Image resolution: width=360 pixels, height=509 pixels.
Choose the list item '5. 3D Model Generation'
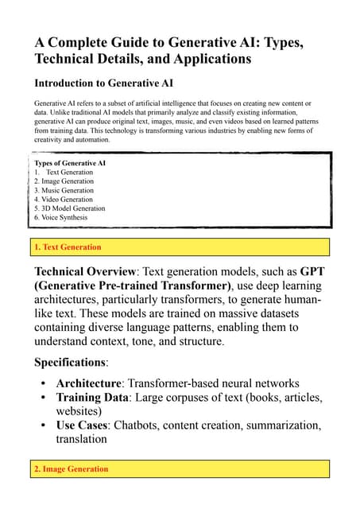click(69, 208)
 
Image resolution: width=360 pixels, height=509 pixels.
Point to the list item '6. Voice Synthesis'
click(60, 217)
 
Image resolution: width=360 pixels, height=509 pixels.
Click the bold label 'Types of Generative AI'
click(70, 163)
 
